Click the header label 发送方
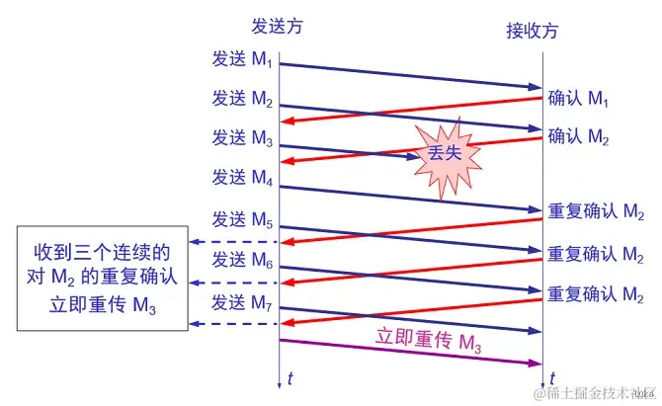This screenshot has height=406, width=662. pos(277,27)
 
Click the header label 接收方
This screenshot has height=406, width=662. pos(532,31)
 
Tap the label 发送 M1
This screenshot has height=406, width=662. pos(242,59)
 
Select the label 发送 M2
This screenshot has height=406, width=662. pos(242,99)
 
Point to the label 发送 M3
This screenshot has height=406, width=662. pos(242,138)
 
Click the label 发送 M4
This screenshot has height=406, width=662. pos(242,178)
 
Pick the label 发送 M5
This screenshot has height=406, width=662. pos(242,218)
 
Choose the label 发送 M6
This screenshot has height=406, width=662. pos(242,260)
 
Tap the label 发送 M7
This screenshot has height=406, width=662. pos(242,300)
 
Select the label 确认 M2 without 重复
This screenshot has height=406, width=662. pos(582,136)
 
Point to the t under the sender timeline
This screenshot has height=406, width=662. pos(290,377)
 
